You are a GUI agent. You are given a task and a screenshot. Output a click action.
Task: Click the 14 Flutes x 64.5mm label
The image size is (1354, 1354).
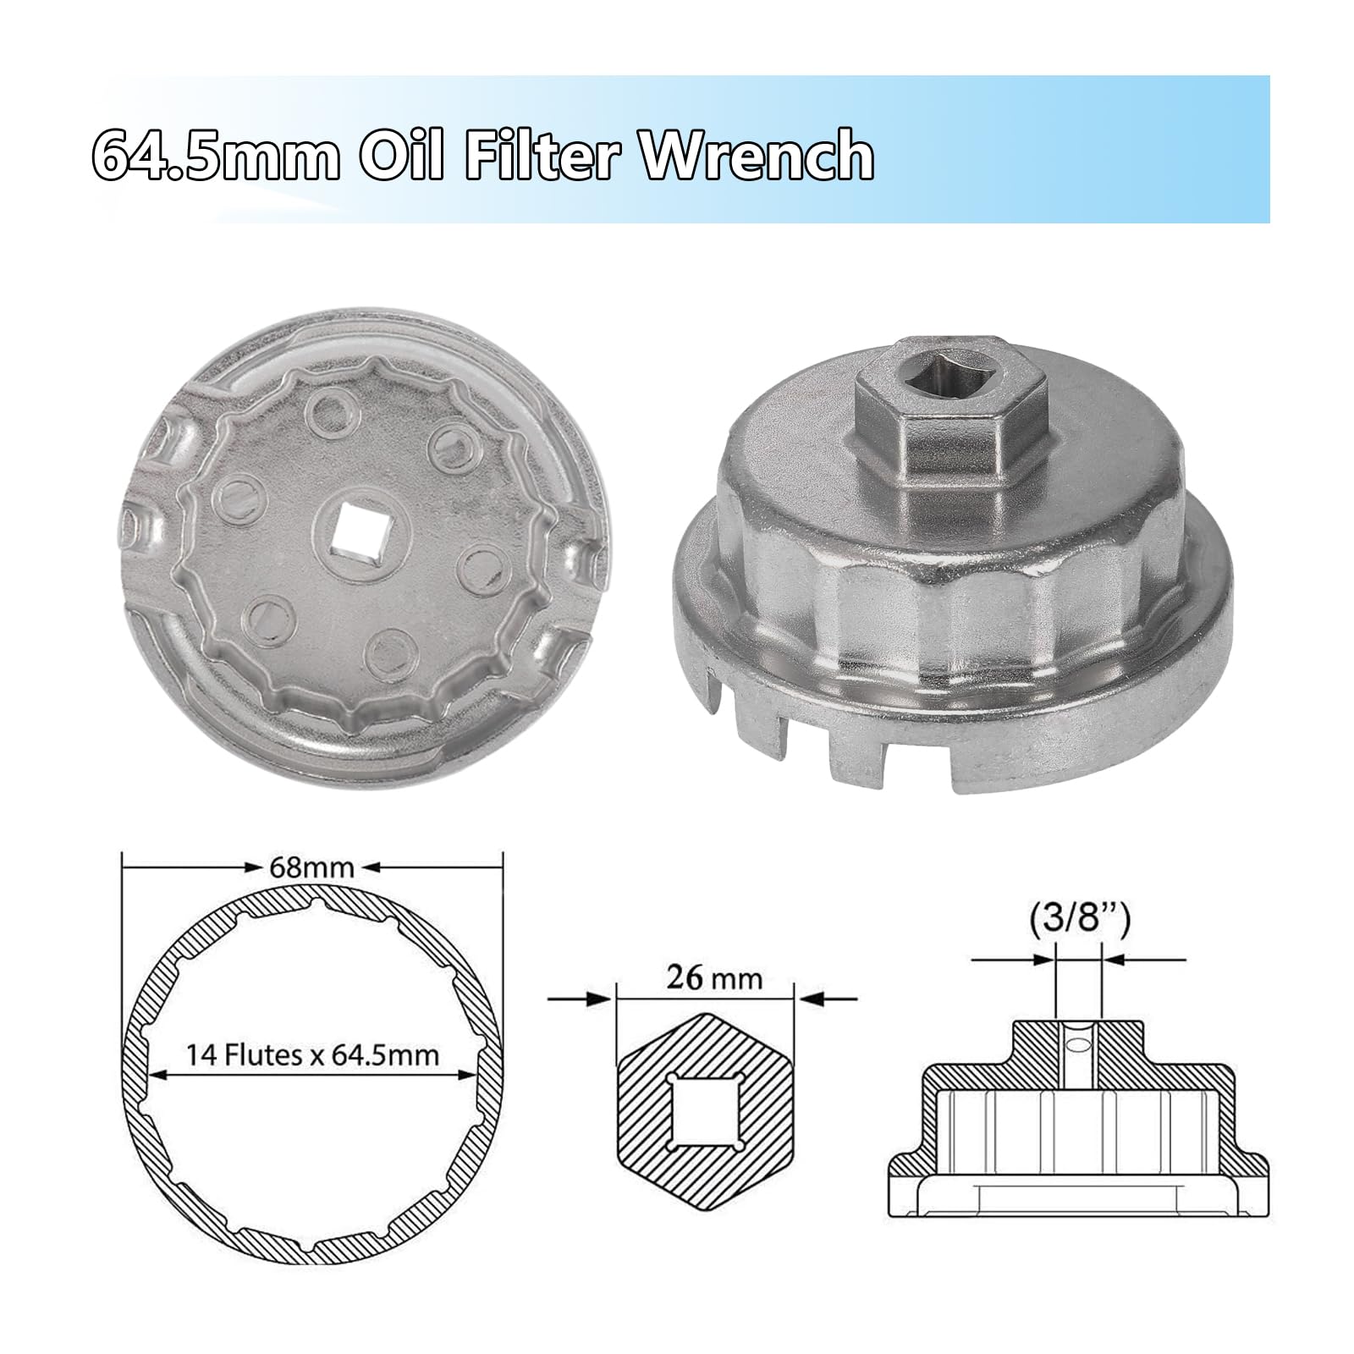312,1054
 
